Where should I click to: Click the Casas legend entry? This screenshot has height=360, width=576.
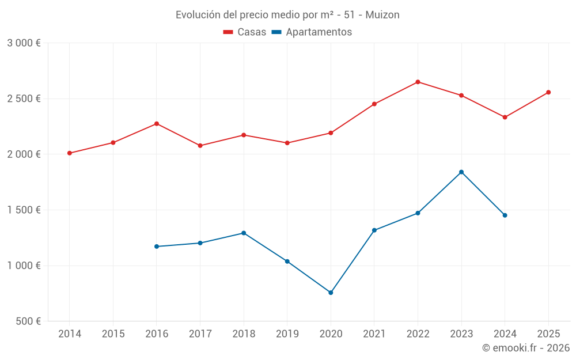click(245, 32)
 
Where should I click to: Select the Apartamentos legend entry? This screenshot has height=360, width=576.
click(312, 32)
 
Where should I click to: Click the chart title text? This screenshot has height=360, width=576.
click(287, 14)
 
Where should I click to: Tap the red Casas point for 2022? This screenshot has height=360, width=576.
click(418, 82)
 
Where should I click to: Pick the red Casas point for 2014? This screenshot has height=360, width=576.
click(70, 153)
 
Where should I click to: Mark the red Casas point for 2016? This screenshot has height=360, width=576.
click(157, 124)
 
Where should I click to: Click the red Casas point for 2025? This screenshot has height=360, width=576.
click(548, 92)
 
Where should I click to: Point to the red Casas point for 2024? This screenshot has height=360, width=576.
click(505, 118)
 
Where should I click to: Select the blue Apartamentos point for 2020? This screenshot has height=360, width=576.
click(331, 293)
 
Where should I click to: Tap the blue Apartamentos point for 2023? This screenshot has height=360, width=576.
click(461, 172)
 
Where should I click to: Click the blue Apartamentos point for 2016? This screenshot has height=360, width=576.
click(157, 247)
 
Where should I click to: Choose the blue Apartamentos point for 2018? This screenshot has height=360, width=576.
click(244, 233)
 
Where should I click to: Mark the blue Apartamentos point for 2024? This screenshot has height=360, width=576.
click(505, 215)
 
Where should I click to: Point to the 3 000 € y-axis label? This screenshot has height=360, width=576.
click(24, 43)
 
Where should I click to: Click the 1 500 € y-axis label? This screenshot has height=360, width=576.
click(24, 210)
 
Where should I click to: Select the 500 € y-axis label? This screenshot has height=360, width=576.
click(27, 321)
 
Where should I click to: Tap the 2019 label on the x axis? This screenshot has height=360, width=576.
click(287, 334)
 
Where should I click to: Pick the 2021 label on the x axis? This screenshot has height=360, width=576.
click(374, 334)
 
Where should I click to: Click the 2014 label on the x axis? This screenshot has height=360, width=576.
click(70, 334)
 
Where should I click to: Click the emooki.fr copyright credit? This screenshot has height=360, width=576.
click(526, 348)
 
